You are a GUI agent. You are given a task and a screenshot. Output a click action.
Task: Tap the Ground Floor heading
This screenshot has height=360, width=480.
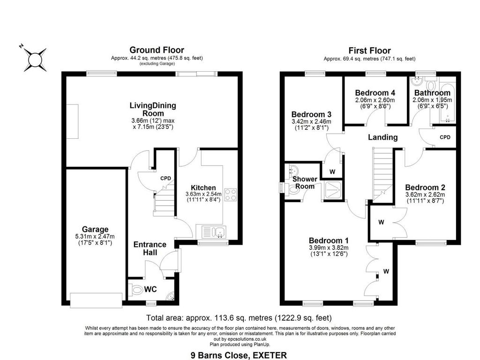click(157, 50)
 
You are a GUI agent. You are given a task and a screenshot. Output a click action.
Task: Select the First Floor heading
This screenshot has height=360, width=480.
click(369, 51)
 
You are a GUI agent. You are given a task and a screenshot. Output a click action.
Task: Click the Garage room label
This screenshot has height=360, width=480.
click(96, 229)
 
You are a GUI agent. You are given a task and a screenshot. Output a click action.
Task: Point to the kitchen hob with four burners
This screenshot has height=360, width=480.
click(231, 195)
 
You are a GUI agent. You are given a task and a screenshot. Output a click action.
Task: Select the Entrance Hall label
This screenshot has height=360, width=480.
click(150, 248)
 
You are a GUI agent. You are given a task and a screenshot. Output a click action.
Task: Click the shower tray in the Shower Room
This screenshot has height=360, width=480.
click(333, 191)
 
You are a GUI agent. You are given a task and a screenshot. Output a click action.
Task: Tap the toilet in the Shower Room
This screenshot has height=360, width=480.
click(295, 189)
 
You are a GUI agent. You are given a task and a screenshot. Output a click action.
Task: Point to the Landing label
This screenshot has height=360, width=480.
click(382, 137)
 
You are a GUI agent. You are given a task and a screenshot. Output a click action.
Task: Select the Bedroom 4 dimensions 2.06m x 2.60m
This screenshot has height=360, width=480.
click(375, 100)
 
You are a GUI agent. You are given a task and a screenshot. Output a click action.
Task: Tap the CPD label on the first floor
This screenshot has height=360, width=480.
click(445, 137)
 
